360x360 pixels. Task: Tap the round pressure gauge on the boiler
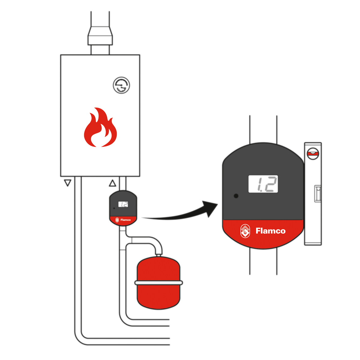click(x=121, y=85)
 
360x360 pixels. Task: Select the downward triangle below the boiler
click(x=68, y=183)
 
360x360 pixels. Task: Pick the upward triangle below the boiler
click(x=112, y=183)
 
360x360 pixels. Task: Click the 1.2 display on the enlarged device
click(x=263, y=184)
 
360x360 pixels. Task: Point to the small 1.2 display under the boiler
click(x=123, y=204)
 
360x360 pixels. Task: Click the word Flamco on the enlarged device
click(x=270, y=231)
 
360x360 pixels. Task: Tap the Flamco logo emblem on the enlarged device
click(x=245, y=231)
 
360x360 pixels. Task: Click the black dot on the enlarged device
click(x=236, y=196)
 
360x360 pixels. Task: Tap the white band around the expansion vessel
click(x=158, y=283)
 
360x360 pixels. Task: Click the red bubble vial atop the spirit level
click(x=313, y=154)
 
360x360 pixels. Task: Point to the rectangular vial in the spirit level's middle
click(x=317, y=193)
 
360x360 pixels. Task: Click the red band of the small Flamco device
click(x=123, y=220)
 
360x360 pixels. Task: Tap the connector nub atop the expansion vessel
click(x=158, y=255)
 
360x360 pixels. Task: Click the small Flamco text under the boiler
click(x=125, y=220)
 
